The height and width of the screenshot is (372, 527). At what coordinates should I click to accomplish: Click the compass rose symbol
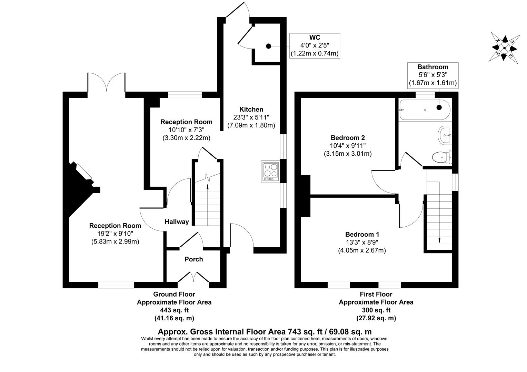(505, 48)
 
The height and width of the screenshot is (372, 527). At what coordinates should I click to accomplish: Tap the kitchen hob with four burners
(270, 171)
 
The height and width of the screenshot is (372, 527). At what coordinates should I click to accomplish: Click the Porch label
(193, 259)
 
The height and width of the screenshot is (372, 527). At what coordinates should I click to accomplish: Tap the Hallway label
(177, 222)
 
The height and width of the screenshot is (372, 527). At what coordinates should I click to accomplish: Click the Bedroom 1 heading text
(362, 235)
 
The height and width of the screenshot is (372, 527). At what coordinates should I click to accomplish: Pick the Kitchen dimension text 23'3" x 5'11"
(251, 117)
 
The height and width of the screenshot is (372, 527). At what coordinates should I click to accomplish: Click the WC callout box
(315, 45)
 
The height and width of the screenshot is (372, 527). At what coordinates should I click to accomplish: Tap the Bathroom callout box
(432, 75)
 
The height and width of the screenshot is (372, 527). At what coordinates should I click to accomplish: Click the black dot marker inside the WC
(268, 46)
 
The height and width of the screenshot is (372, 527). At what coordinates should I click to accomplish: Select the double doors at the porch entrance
(193, 278)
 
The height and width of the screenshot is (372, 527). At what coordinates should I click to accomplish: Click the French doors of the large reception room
(106, 82)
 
